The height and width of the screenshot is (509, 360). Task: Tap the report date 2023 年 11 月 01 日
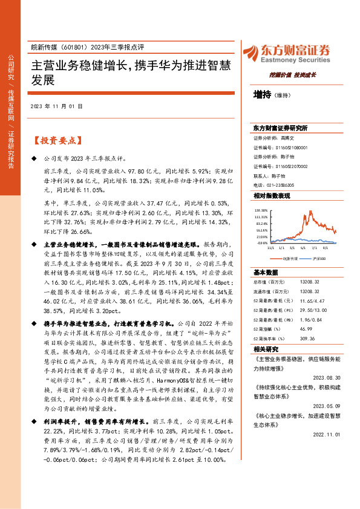(x=55, y=106)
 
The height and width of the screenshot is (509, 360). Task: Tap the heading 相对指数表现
(x=272, y=196)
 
